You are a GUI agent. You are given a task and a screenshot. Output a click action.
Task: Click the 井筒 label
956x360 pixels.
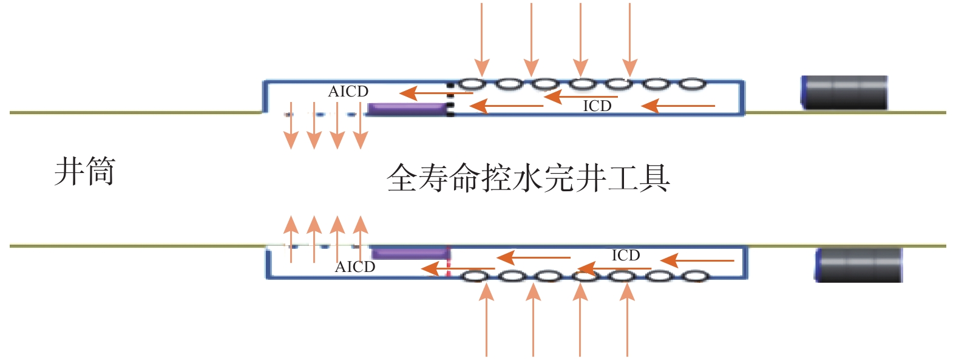point(84,172)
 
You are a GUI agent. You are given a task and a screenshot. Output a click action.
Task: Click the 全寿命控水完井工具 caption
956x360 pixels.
point(528,178)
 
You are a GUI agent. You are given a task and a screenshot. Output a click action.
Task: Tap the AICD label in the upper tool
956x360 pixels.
point(348,92)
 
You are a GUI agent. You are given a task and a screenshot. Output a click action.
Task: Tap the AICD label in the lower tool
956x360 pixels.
point(355,267)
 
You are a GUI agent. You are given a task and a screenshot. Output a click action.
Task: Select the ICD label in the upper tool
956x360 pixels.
point(597,106)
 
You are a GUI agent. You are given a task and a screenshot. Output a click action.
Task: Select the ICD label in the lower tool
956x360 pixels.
point(626,256)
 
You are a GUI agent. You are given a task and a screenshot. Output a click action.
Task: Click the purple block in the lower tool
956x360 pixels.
point(410,253)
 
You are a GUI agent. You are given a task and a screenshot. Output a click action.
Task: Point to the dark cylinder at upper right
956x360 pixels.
point(845,93)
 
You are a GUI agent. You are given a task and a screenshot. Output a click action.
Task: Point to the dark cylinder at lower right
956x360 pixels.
point(858,265)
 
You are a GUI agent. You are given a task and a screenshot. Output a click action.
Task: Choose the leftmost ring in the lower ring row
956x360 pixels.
point(476,277)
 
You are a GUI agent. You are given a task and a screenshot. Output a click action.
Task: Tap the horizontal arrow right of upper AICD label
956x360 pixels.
point(436,93)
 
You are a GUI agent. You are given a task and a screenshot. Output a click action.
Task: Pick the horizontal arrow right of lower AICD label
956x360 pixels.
point(458,268)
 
